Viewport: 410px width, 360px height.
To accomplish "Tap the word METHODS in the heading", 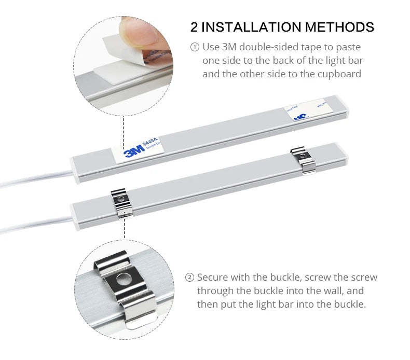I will pyautogui.click(x=339, y=27).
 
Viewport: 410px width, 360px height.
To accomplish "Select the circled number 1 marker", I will pyautogui.click(x=195, y=47).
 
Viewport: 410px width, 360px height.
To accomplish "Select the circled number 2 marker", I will pyautogui.click(x=189, y=278).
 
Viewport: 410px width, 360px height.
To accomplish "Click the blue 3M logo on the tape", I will pyautogui.click(x=133, y=151).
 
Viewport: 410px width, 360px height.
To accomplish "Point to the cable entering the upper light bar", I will pyautogui.click(x=36, y=176).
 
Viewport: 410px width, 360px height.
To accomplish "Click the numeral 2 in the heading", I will pyautogui.click(x=194, y=27).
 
